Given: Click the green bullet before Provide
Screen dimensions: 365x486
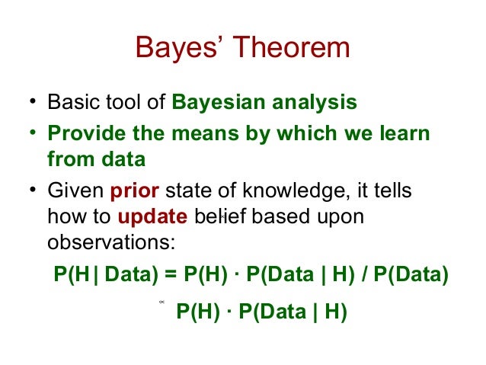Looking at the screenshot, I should point(34,134).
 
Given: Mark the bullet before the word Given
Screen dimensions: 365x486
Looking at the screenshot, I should point(34,190).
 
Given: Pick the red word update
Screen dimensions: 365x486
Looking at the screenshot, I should point(152,217).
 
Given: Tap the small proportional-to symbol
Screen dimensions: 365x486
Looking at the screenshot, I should point(162,303).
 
